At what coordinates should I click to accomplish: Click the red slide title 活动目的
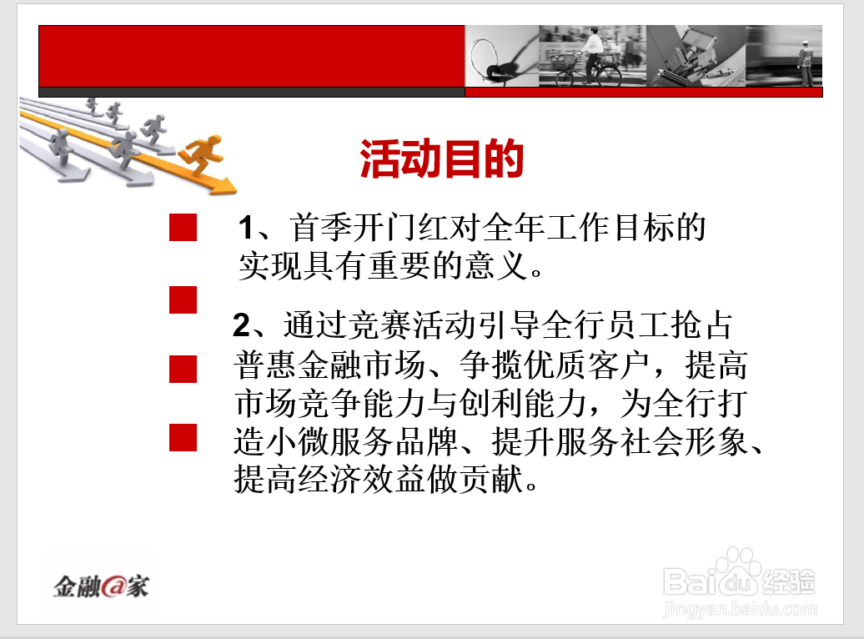pyautogui.click(x=441, y=158)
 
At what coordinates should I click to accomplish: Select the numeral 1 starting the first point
pyautogui.click(x=246, y=228)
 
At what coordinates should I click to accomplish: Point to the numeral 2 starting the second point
pyautogui.click(x=241, y=325)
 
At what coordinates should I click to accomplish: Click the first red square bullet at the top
pyautogui.click(x=183, y=227)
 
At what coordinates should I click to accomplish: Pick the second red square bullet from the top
pyautogui.click(x=183, y=300)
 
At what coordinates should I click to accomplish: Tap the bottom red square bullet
pyautogui.click(x=183, y=438)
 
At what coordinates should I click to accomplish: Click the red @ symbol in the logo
pyautogui.click(x=113, y=586)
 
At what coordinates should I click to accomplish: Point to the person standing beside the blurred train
pyautogui.click(x=806, y=63)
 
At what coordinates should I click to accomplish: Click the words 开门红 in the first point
pyautogui.click(x=385, y=228)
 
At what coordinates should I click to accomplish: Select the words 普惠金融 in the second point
pyautogui.click(x=299, y=365)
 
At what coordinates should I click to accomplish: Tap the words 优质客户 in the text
pyautogui.click(x=586, y=365)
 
